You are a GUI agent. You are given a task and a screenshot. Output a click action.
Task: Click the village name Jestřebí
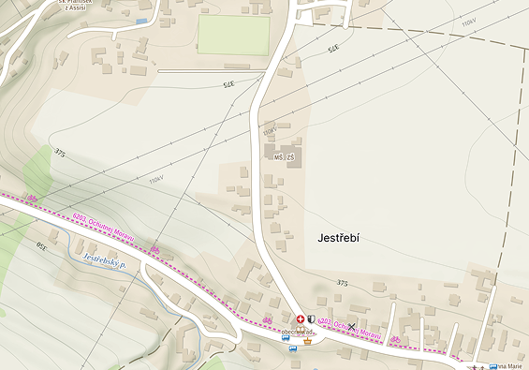332,239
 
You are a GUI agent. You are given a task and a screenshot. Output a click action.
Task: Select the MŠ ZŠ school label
284,157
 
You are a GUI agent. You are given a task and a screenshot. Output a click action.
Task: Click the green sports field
233,36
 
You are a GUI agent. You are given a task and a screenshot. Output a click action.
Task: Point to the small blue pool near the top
142,21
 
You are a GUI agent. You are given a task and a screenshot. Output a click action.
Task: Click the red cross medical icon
301,319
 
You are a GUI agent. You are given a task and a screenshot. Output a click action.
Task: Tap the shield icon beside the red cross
311,319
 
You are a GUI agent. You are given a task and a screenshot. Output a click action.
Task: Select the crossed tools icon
352,326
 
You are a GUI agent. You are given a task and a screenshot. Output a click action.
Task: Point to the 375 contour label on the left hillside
61,151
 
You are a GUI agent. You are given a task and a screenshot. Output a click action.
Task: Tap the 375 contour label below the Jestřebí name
342,282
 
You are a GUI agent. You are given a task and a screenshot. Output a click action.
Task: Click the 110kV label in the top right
467,21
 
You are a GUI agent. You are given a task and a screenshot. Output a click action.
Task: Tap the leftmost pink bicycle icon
33,198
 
